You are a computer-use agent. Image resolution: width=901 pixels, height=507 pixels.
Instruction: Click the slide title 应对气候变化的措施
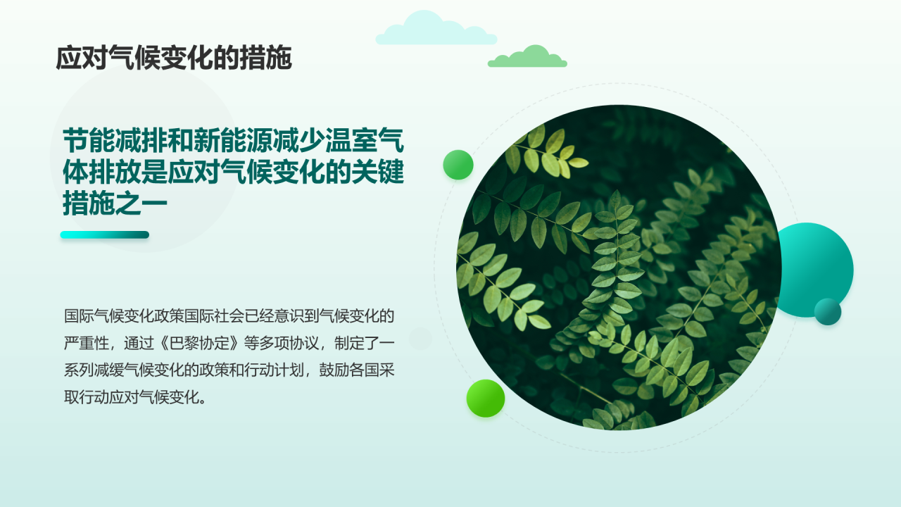click(x=173, y=58)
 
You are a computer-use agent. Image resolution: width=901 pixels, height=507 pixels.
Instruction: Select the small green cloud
click(x=528, y=58)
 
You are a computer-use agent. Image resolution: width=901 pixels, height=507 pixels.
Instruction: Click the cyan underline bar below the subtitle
click(x=104, y=235)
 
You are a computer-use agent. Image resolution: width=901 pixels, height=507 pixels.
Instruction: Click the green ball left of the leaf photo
click(x=458, y=165)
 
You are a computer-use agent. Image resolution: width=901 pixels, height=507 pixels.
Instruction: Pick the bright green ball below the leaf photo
click(x=486, y=398)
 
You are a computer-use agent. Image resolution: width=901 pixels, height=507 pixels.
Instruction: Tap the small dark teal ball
click(x=828, y=311)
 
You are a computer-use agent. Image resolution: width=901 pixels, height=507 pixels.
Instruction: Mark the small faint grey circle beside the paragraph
click(x=420, y=339)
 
